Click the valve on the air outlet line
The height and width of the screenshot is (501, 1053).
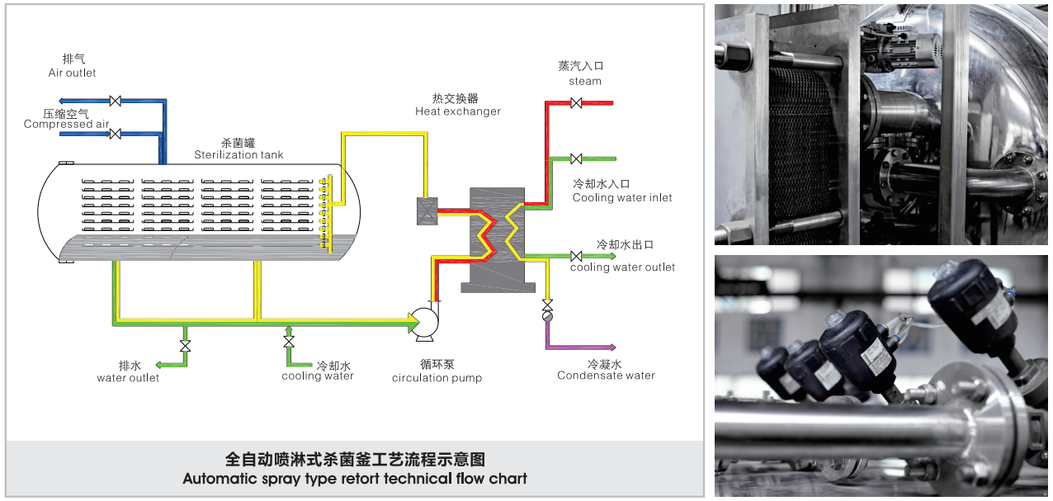pos(115,101)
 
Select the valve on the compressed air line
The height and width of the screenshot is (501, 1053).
pos(115,134)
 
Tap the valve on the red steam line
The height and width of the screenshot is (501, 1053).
pos(576,103)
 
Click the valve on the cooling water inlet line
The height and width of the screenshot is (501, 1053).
pos(576,158)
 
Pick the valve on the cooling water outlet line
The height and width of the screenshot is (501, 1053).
pos(576,256)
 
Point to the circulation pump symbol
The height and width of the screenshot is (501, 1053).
pos(426,323)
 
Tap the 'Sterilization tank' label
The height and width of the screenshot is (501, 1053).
pos(238,154)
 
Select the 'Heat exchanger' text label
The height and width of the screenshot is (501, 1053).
pos(458,111)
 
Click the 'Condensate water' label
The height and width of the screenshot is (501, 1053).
pos(606,376)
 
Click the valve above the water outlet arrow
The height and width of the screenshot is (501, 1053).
pos(185,345)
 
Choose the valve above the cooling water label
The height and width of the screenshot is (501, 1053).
pos(289,342)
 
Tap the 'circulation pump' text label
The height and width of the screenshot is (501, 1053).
pos(437,378)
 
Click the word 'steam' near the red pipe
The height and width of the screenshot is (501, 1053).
pos(585,81)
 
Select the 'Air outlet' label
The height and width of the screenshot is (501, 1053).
pos(72,73)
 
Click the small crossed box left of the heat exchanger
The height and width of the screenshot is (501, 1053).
pos(427,211)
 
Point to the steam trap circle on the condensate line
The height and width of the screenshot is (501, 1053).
pos(546,316)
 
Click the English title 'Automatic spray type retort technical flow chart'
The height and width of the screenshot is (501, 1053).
pos(355,479)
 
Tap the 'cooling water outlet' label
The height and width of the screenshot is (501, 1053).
pos(622,267)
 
